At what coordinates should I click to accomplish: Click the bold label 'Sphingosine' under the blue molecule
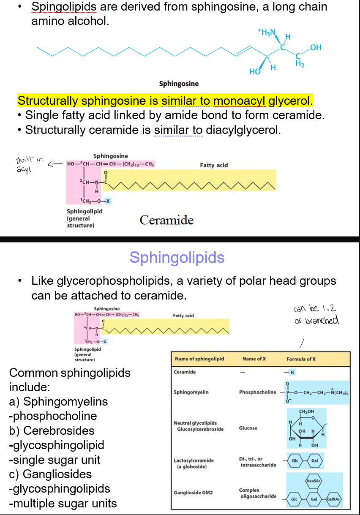click(x=179, y=84)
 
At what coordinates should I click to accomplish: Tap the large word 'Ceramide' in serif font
click(x=166, y=220)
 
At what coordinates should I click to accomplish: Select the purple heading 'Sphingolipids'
click(x=177, y=257)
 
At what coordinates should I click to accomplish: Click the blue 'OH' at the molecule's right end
click(x=316, y=47)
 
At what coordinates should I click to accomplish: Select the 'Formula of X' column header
click(x=301, y=359)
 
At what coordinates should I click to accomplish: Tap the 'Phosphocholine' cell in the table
click(x=258, y=392)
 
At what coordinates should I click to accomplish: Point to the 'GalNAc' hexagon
click(x=334, y=499)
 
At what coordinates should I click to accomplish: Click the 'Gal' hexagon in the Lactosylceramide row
click(x=314, y=460)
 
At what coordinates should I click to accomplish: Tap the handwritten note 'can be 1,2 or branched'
click(x=316, y=314)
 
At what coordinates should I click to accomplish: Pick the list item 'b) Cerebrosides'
click(x=52, y=431)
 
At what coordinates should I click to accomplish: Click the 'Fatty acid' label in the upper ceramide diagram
click(x=214, y=165)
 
